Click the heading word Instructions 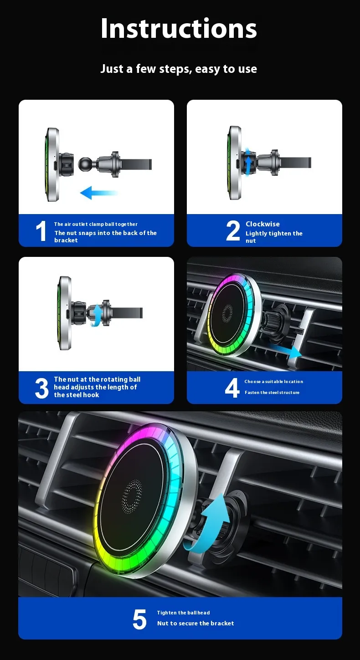coord(179,28)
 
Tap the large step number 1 coord(41,231)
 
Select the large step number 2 coord(233,230)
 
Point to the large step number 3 coord(41,389)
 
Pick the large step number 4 coord(232,388)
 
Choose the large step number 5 coord(139,619)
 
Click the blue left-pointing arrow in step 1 coord(99,193)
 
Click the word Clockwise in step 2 coord(262,224)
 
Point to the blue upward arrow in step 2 coord(248,163)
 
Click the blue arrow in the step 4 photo coord(285,351)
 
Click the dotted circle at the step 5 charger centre coord(132,496)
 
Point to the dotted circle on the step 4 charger coord(227,313)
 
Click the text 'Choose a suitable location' coord(273,382)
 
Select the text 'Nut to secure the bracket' coord(195,623)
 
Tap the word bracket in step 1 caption coord(66,240)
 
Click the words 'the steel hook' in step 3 coord(77,395)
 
